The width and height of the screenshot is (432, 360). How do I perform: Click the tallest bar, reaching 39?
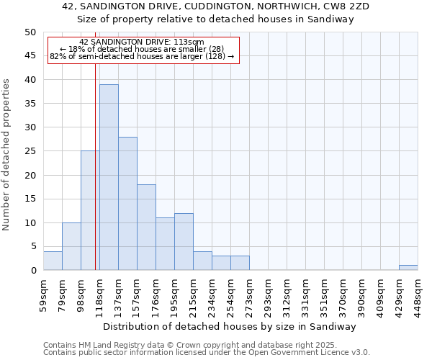(109, 177)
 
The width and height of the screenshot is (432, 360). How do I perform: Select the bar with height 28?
(127, 204)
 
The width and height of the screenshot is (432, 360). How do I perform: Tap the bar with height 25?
(90, 210)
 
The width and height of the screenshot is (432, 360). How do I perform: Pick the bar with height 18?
(146, 228)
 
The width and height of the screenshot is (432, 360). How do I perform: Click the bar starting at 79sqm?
(71, 246)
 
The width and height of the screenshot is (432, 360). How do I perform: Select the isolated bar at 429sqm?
(408, 268)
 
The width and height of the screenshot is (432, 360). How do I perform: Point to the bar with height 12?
(184, 242)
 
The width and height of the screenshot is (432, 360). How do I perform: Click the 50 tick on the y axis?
(30, 32)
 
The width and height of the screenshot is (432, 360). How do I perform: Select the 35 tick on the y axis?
(30, 104)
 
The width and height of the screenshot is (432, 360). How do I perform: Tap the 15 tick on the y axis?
(30, 199)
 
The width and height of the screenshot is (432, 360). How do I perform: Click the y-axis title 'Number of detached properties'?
(6, 155)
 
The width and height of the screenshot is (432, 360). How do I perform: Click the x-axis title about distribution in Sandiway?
(230, 326)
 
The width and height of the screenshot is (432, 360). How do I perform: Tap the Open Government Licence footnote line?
(207, 352)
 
